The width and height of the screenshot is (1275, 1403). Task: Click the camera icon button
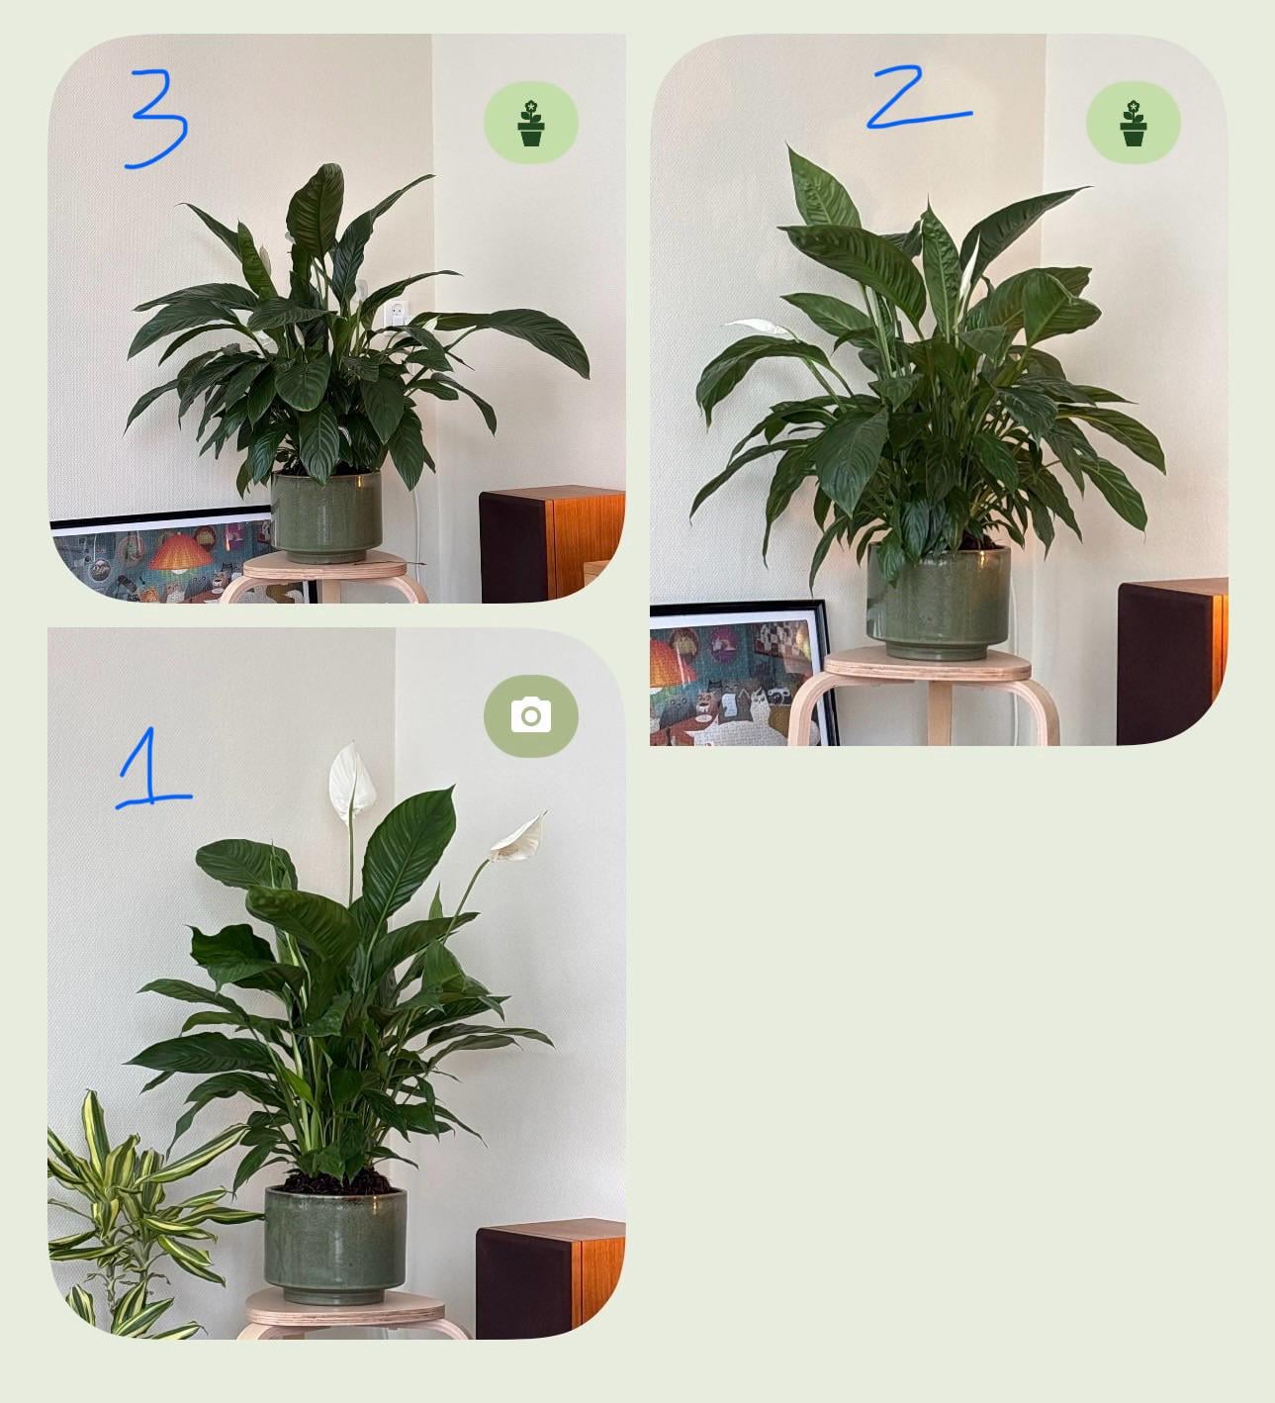(531, 715)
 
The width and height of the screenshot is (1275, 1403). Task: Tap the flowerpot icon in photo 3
(531, 123)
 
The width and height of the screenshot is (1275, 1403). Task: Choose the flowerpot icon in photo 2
(1133, 123)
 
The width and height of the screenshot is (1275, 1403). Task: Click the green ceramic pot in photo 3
(325, 516)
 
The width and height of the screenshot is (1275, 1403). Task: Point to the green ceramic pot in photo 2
(938, 603)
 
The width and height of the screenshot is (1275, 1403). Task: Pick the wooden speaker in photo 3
(552, 543)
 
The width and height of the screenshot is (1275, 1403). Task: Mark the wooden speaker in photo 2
(1172, 661)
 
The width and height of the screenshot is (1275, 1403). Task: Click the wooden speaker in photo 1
(550, 1278)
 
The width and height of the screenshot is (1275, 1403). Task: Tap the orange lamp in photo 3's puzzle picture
(180, 552)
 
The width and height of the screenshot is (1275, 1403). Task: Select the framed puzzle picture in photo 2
(744, 673)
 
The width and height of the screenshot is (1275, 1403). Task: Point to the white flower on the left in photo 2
(758, 327)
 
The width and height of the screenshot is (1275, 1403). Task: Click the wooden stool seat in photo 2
(927, 665)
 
